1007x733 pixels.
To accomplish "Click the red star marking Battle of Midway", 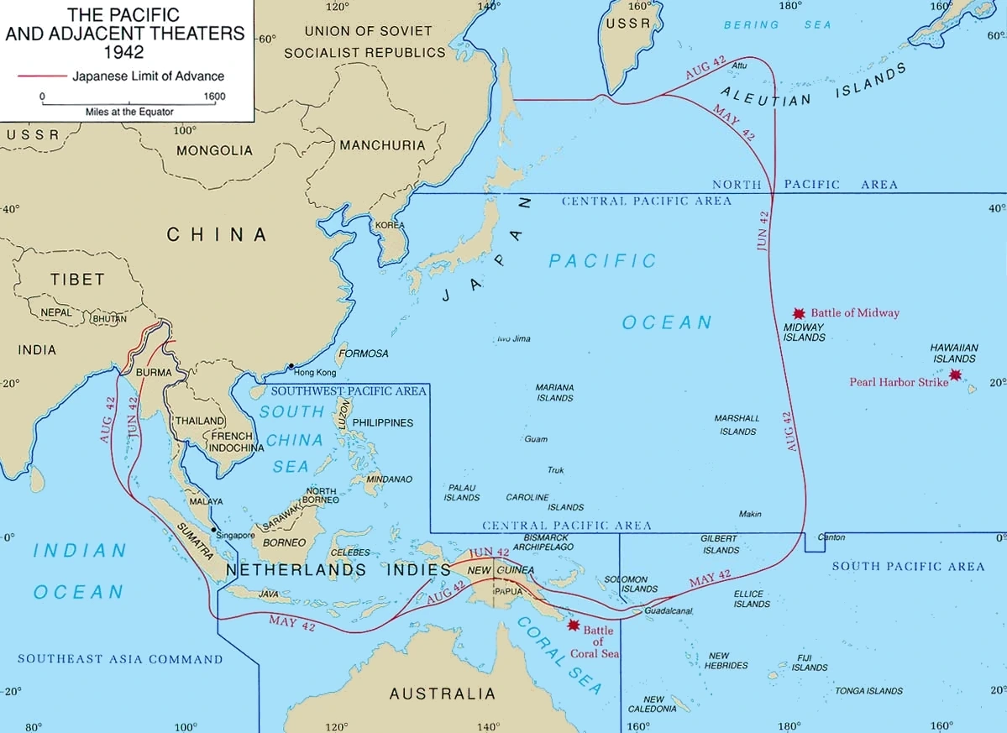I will (x=799, y=312).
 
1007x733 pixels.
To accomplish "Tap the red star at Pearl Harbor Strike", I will (x=955, y=374).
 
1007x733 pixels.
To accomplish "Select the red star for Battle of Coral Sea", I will (x=574, y=625).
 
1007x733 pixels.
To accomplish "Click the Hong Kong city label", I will (x=315, y=372).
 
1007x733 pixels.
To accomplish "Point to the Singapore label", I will (x=235, y=535).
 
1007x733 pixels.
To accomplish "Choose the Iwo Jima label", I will (x=514, y=339).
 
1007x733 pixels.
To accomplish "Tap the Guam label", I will (x=536, y=439).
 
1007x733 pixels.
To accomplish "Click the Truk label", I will (x=556, y=470).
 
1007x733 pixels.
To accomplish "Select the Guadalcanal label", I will (x=669, y=610).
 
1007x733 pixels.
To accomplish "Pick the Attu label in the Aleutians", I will (x=739, y=65).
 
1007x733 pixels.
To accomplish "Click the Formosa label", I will (x=363, y=353).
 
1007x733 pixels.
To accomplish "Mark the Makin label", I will (x=750, y=514).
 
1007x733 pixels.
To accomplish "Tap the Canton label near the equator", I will (x=831, y=537).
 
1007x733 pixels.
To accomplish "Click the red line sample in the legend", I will (x=41, y=76).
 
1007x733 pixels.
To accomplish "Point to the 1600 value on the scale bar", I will (x=214, y=97).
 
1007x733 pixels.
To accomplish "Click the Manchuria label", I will (x=382, y=145).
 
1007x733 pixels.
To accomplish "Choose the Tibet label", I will (x=77, y=279).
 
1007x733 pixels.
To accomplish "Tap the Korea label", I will (x=390, y=225).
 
